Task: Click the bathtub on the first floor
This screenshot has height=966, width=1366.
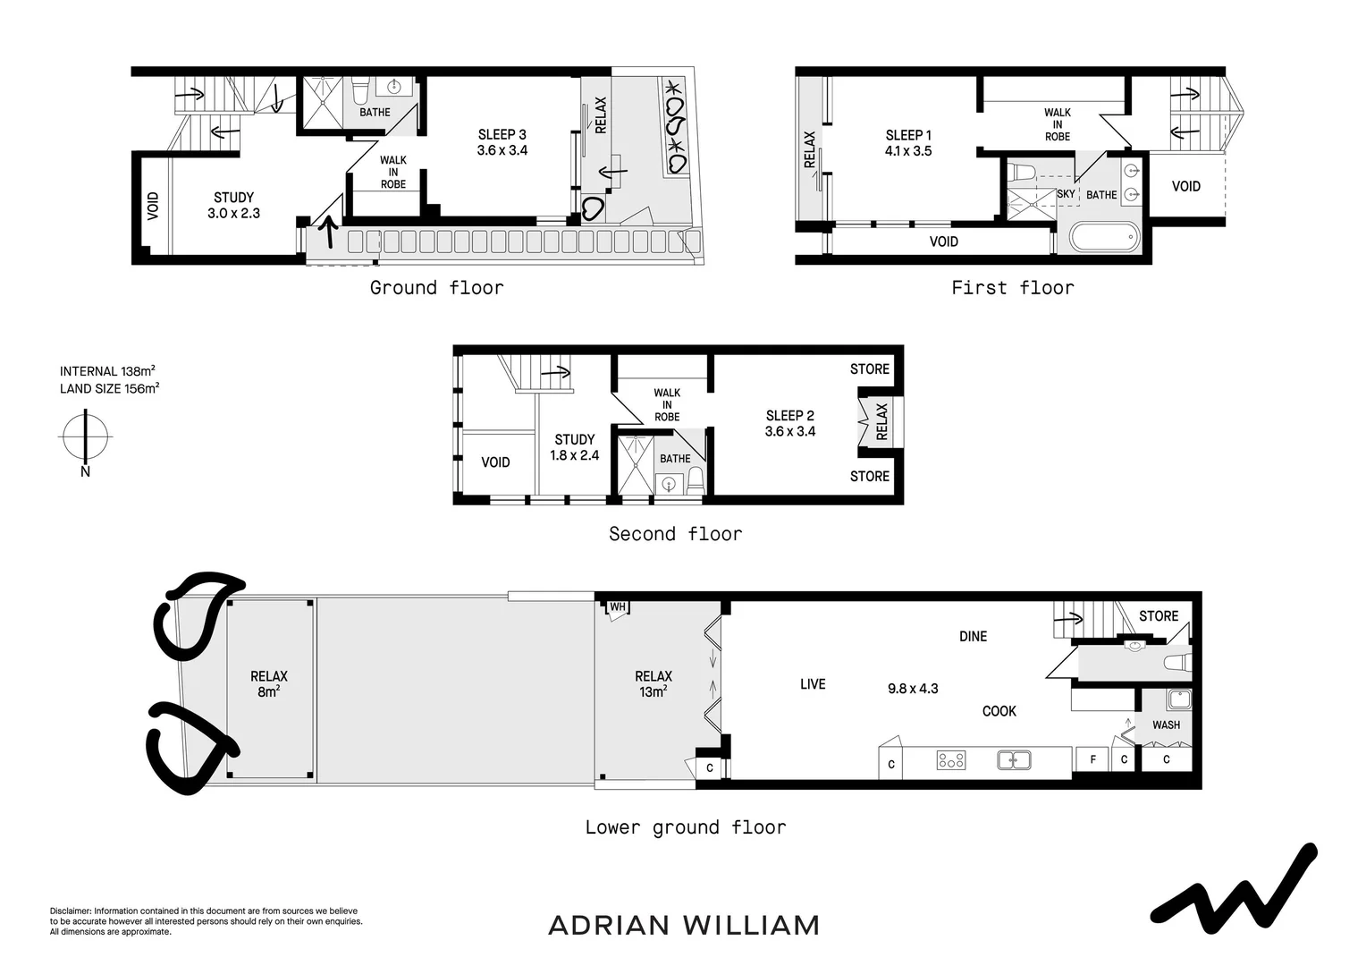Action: (1106, 238)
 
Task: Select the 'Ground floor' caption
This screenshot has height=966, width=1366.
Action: (436, 288)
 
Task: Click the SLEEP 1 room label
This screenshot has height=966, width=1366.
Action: (908, 143)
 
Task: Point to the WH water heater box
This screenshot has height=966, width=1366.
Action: (617, 608)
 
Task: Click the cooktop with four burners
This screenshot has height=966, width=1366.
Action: (950, 760)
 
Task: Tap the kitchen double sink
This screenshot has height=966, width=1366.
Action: (1014, 760)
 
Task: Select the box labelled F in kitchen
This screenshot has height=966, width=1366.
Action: (1092, 761)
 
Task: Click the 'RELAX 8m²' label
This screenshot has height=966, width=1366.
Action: (268, 684)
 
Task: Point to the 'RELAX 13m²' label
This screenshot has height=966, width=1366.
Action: (653, 684)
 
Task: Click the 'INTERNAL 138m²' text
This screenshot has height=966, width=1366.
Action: (108, 371)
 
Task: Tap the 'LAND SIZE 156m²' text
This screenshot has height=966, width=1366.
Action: (110, 388)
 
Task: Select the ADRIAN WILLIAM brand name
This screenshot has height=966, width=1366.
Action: (684, 925)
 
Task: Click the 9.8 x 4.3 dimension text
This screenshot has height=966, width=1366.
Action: (913, 689)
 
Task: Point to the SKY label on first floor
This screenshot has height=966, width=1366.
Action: (1066, 194)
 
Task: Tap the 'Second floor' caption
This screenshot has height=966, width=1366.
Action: (675, 534)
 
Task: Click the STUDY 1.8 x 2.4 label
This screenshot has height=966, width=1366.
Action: (574, 447)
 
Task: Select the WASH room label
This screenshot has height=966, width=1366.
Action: (1166, 725)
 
